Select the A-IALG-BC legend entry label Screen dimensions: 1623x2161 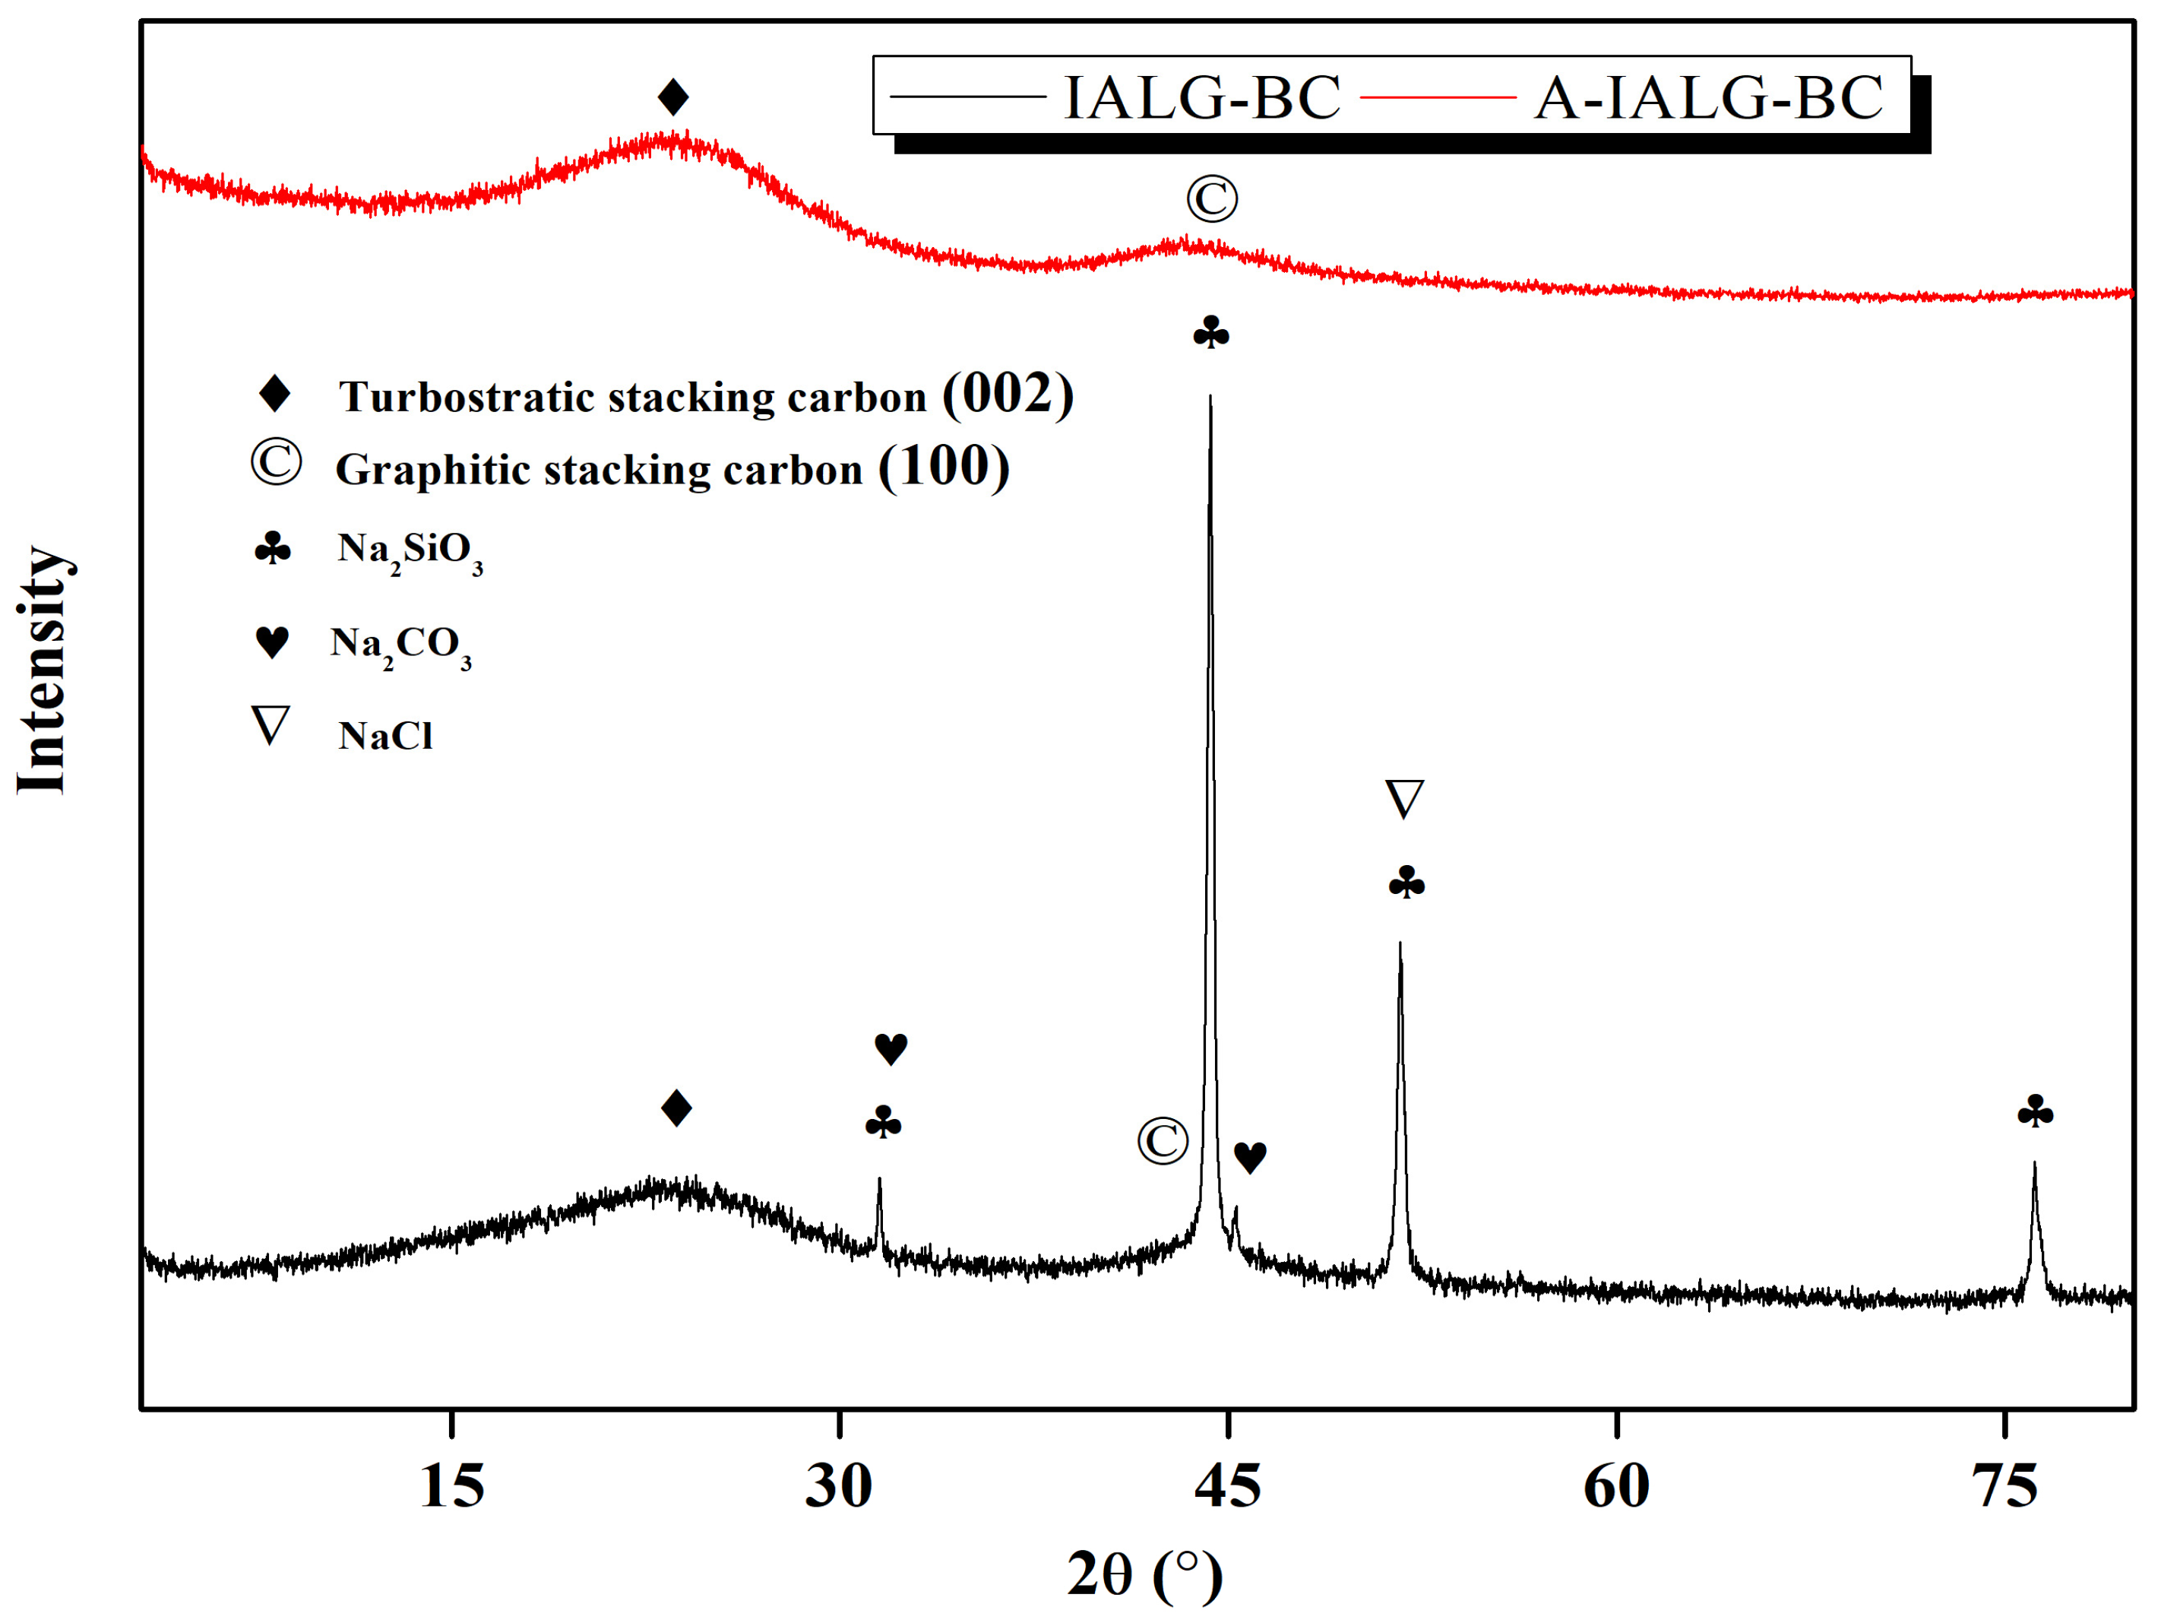pyautogui.click(x=1707, y=98)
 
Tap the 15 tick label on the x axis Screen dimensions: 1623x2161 pyautogui.click(x=451, y=1487)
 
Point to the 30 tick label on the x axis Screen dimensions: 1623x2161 pyautogui.click(x=838, y=1487)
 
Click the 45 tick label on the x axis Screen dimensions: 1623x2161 pyautogui.click(x=1227, y=1487)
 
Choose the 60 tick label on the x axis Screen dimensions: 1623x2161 pyautogui.click(x=1616, y=1487)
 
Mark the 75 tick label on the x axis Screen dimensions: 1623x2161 pyautogui.click(x=2004, y=1487)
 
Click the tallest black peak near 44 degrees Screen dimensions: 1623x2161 pyautogui.click(x=1210, y=398)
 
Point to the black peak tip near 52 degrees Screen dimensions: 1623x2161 pyautogui.click(x=1400, y=944)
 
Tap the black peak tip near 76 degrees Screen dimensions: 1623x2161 pyautogui.click(x=2034, y=1165)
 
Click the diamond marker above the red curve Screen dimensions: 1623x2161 pyautogui.click(x=673, y=97)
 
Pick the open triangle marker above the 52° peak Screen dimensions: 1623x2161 pyautogui.click(x=1405, y=798)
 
